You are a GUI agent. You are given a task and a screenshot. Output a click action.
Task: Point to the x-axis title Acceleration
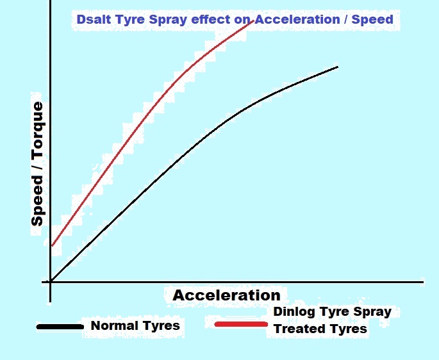pyautogui.click(x=226, y=295)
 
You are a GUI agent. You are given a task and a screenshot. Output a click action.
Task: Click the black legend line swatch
pyautogui.click(x=60, y=327)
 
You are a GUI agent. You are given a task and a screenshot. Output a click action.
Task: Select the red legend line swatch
pyautogui.click(x=240, y=324)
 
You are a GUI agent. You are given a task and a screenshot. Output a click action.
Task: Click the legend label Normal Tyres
pyautogui.click(x=135, y=325)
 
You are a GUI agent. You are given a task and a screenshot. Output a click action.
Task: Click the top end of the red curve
pyautogui.click(x=255, y=20)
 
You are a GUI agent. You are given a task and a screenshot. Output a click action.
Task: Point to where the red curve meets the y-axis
pyautogui.click(x=52, y=245)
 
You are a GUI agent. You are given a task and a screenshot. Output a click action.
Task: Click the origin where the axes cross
pyautogui.click(x=50, y=281)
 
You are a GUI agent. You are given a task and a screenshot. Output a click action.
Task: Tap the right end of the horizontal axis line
pyautogui.click(x=422, y=281)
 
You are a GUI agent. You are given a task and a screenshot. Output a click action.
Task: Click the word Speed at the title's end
pyautogui.click(x=376, y=19)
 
